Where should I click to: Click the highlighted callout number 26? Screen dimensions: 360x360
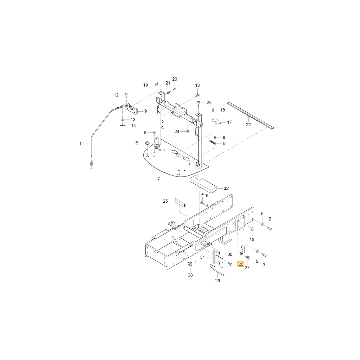click(240, 264)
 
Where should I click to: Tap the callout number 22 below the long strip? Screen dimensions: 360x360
click(248, 125)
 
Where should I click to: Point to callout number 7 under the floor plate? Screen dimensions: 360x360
click(159, 179)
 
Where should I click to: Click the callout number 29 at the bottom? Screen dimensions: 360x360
click(217, 280)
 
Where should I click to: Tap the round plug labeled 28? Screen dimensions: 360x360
click(190, 264)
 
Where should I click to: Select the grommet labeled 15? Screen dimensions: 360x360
click(147, 143)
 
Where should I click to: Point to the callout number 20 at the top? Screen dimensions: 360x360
click(175, 79)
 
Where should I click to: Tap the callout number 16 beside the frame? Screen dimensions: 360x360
click(252, 239)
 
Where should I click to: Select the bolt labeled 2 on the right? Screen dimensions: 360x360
click(270, 228)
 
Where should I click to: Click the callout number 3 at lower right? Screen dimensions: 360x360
click(264, 265)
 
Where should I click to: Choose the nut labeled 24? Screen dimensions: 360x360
click(187, 131)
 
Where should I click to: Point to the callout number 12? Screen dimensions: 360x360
click(116, 95)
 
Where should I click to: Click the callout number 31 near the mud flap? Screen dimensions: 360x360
click(202, 257)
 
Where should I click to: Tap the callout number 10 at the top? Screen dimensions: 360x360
click(197, 85)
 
